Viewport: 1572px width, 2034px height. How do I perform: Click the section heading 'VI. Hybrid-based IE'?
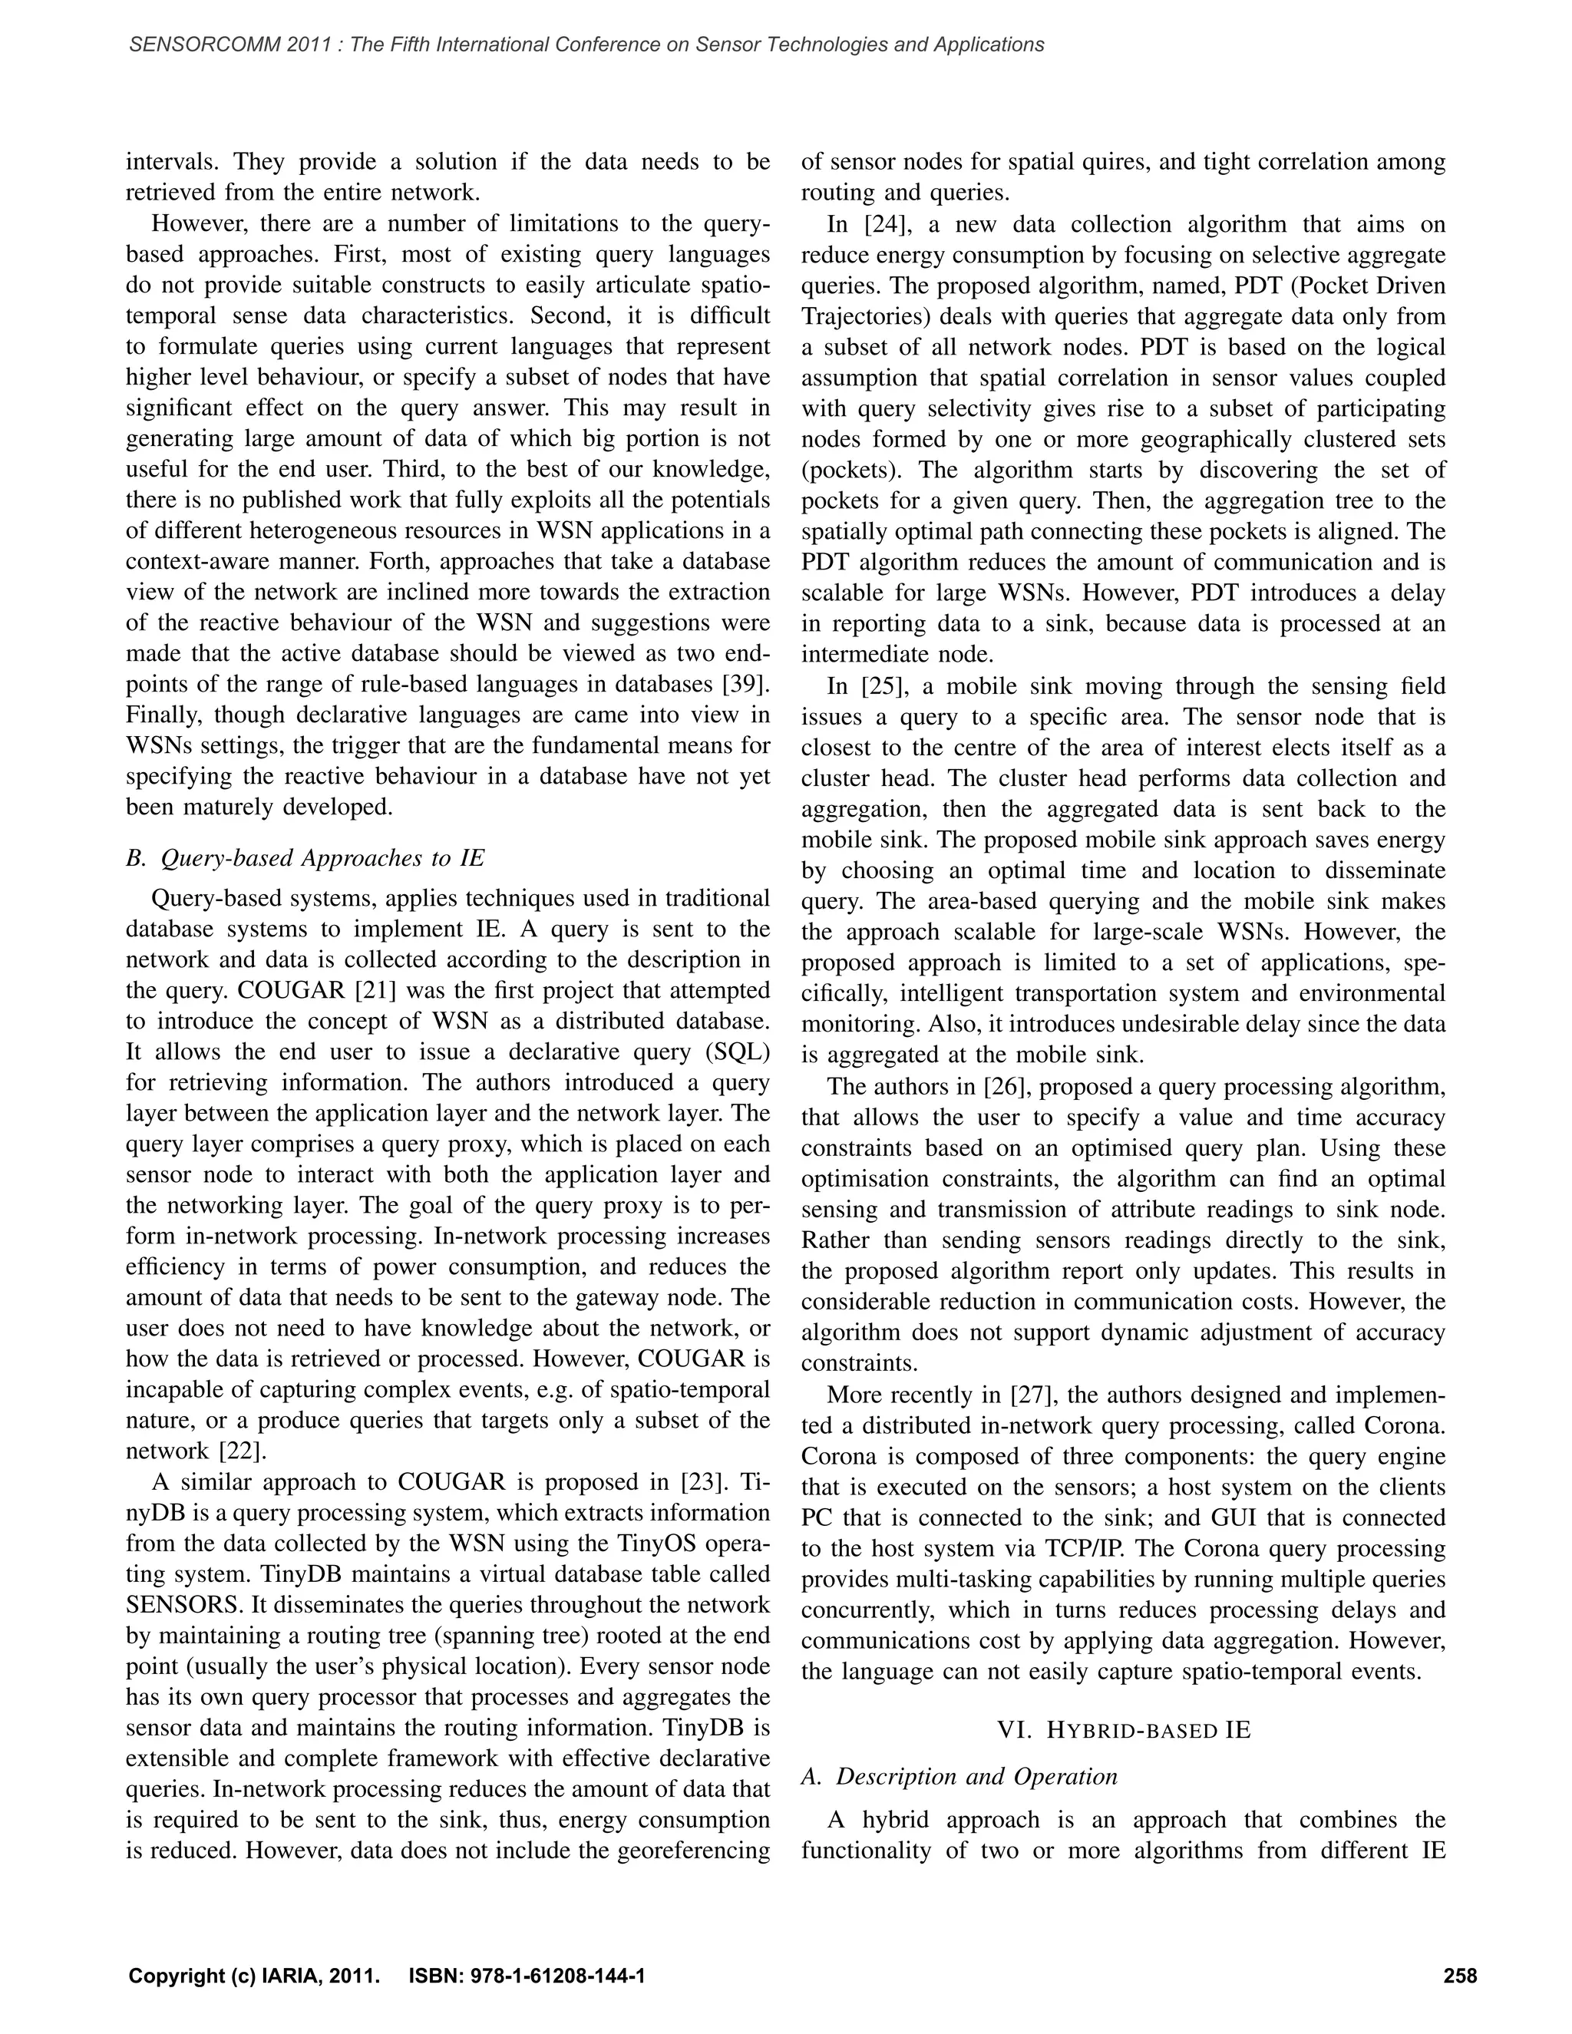(1123, 1730)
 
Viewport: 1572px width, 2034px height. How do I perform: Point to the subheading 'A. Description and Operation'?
(959, 1776)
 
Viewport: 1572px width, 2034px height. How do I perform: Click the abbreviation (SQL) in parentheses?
(738, 1052)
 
